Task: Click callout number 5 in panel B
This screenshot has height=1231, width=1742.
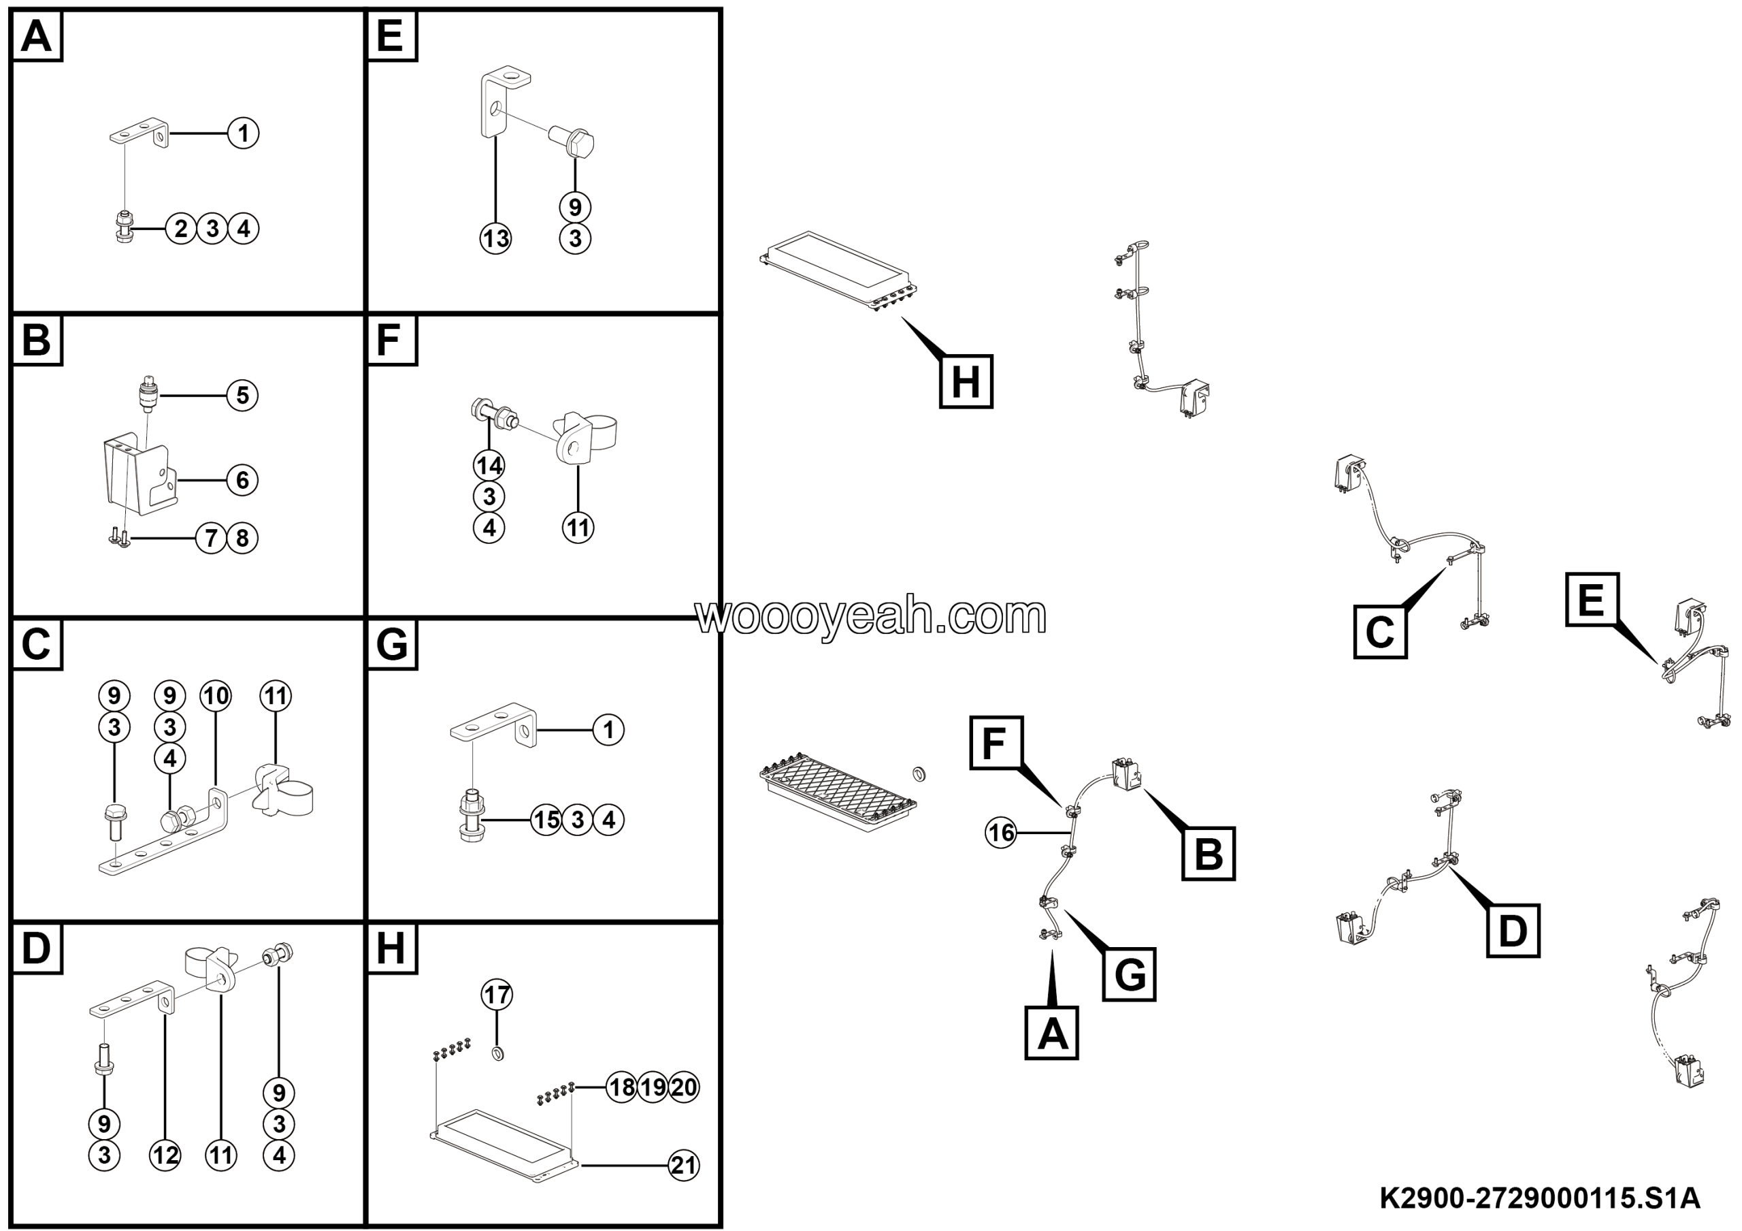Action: click(243, 396)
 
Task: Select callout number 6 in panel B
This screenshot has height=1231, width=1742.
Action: click(243, 479)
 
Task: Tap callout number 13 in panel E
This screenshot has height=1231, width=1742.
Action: click(496, 238)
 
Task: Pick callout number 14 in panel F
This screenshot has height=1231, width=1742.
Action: click(489, 465)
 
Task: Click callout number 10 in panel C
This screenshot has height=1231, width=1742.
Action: click(216, 696)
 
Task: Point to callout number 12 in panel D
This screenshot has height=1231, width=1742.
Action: click(165, 1155)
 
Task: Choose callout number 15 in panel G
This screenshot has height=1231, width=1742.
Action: click(546, 820)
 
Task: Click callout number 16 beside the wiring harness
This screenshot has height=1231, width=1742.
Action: click(1001, 833)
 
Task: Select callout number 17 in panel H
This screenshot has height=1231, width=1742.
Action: click(497, 994)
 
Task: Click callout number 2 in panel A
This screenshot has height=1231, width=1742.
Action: click(180, 229)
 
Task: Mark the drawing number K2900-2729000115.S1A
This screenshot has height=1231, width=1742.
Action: click(1539, 1199)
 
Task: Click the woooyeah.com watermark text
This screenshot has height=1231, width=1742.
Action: click(871, 615)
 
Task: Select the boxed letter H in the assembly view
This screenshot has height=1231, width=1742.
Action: click(966, 381)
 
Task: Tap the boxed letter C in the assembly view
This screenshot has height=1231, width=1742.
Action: click(1380, 631)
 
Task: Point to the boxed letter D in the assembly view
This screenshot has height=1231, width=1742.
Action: click(1513, 931)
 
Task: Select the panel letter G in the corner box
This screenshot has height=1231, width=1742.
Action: click(391, 644)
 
